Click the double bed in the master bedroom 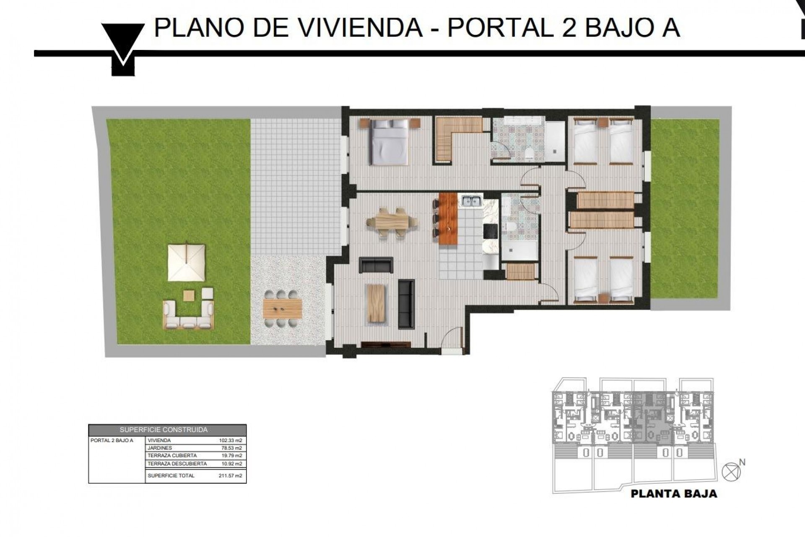[x=390, y=141]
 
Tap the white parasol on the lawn [x=187, y=263]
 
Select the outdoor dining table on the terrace [x=282, y=309]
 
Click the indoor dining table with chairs [x=391, y=221]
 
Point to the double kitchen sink [x=472, y=201]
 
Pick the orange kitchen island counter [x=448, y=219]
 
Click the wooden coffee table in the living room [x=376, y=303]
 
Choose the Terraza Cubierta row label [x=172, y=456]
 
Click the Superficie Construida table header [x=164, y=430]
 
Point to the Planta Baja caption [x=673, y=494]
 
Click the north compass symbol [x=732, y=472]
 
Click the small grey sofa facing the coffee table [x=376, y=265]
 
